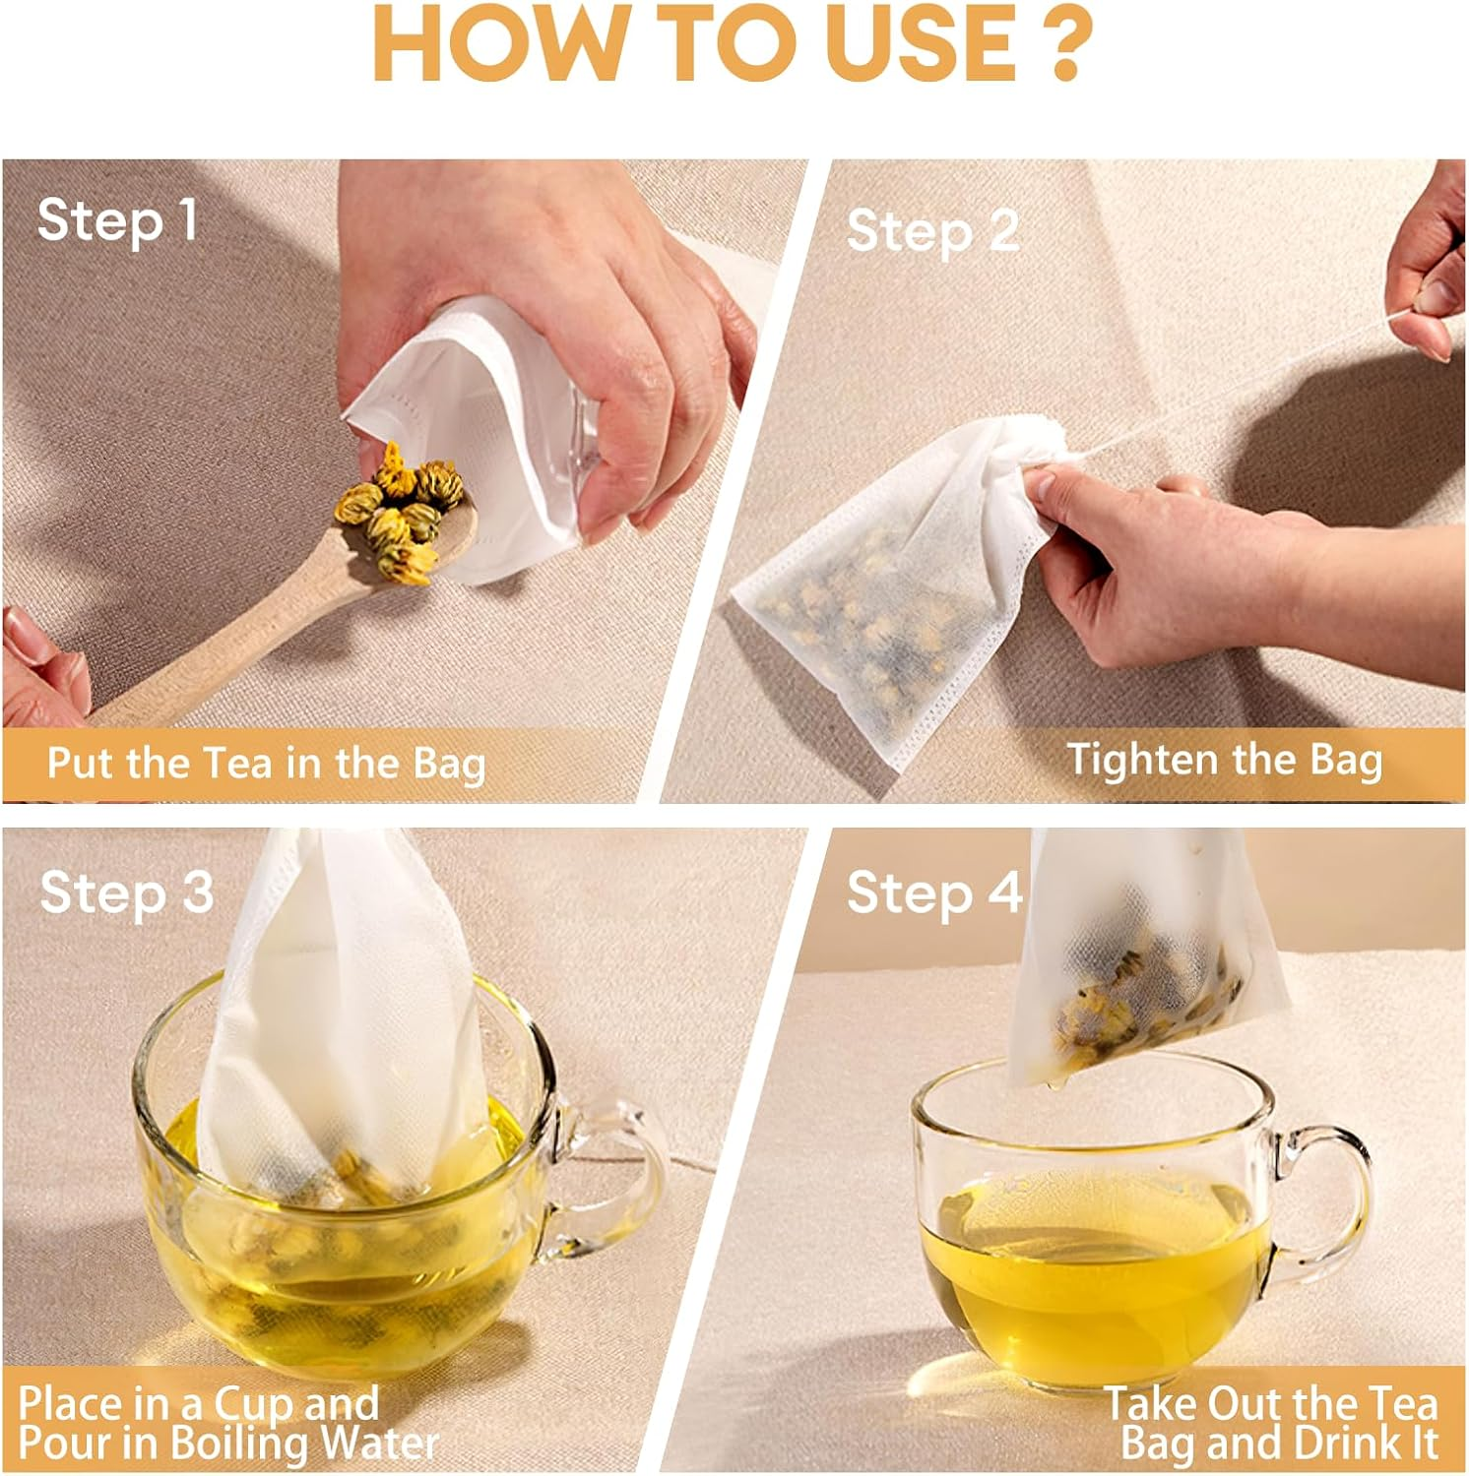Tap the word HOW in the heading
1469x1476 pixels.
click(484, 45)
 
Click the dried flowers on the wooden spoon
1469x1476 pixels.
click(399, 513)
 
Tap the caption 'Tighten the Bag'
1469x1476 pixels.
click(1225, 760)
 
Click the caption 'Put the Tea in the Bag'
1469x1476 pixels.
click(267, 764)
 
